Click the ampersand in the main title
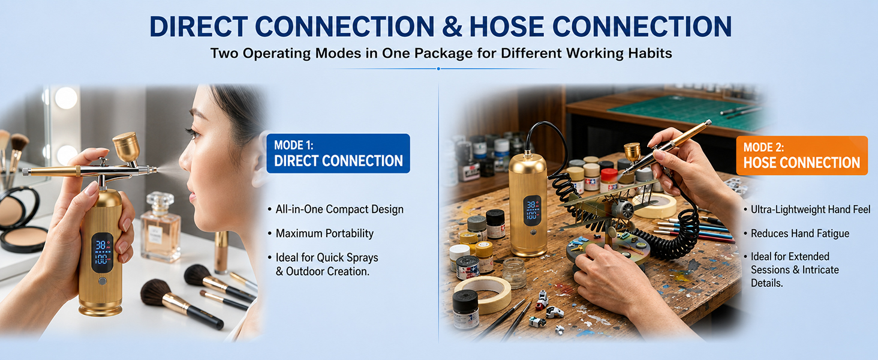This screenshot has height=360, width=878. [452, 26]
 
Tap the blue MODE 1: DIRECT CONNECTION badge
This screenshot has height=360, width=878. [338, 154]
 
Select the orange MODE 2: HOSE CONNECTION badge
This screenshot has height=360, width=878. [802, 155]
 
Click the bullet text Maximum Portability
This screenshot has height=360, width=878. [324, 233]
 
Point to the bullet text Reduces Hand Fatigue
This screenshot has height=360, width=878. [800, 233]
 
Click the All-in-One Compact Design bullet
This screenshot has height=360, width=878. [339, 209]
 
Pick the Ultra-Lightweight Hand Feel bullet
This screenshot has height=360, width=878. [811, 209]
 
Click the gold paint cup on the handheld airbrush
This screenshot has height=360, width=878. [126, 146]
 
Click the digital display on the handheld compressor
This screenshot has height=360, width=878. [102, 253]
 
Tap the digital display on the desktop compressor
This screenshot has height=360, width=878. [532, 210]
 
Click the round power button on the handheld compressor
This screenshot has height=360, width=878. [103, 281]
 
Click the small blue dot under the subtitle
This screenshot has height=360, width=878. [438, 68]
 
